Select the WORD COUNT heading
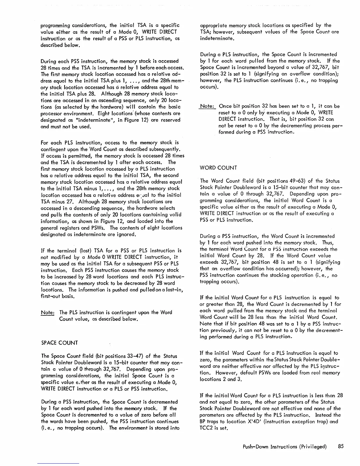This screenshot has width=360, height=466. tap(218, 168)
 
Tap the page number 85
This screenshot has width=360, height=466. tap(341, 446)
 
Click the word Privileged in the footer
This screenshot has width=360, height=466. tap(312, 447)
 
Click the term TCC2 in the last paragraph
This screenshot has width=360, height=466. tap(206, 428)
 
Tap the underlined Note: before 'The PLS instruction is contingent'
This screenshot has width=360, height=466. tap(47, 312)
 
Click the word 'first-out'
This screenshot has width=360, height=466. tap(50, 297)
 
